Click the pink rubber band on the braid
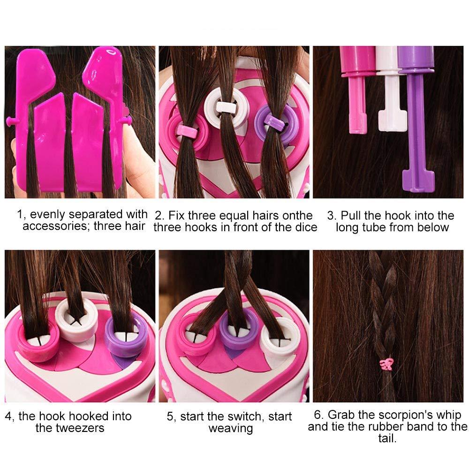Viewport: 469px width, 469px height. click(387, 363)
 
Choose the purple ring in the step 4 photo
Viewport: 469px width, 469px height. click(126, 333)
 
